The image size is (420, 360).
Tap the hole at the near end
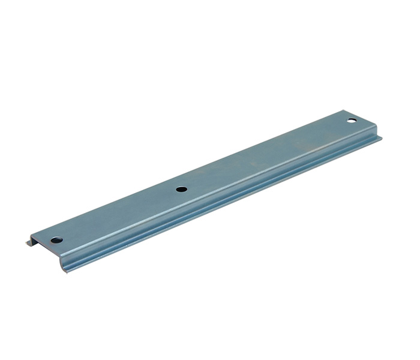(x=56, y=240)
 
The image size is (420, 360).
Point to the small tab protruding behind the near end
(x=28, y=243)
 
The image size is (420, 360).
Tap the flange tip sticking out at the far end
(x=379, y=140)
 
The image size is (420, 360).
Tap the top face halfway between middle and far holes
(x=266, y=155)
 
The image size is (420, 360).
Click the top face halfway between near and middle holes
(x=118, y=215)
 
